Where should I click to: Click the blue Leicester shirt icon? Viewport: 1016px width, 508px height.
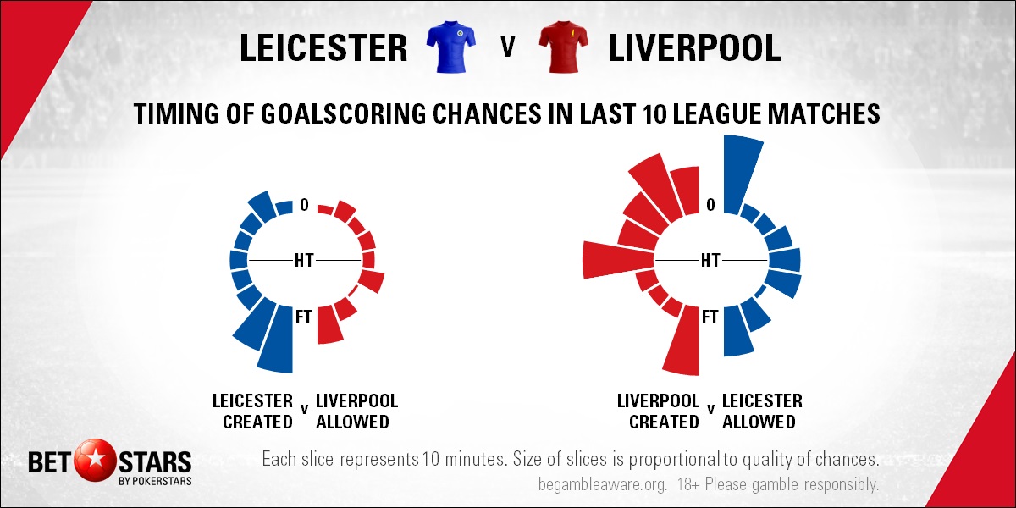point(450,47)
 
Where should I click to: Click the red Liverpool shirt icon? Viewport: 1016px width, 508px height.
point(564,47)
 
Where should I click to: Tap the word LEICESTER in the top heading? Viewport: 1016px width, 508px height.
point(323,47)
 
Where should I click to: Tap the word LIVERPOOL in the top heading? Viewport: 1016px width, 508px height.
point(694,47)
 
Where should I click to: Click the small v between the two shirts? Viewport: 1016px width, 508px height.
point(507,47)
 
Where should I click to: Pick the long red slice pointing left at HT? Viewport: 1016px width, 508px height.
point(618,260)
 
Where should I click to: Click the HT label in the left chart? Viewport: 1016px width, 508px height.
point(304,261)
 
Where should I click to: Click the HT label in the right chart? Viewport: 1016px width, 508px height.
point(710,261)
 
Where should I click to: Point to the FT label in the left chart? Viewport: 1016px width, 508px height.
point(303,317)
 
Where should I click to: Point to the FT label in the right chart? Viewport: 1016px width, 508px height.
point(710,317)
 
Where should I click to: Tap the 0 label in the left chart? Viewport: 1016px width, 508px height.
point(304,205)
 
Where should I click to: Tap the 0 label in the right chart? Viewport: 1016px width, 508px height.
point(710,205)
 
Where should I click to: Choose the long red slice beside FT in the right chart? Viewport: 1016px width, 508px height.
point(682,341)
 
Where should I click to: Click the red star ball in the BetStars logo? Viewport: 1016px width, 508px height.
point(95,461)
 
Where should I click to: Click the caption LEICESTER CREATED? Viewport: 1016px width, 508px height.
point(252,411)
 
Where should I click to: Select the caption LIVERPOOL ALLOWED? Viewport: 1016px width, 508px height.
point(357,411)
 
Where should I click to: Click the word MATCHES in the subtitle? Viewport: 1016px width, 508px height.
point(823,113)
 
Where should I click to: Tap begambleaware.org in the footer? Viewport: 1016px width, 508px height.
point(603,484)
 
